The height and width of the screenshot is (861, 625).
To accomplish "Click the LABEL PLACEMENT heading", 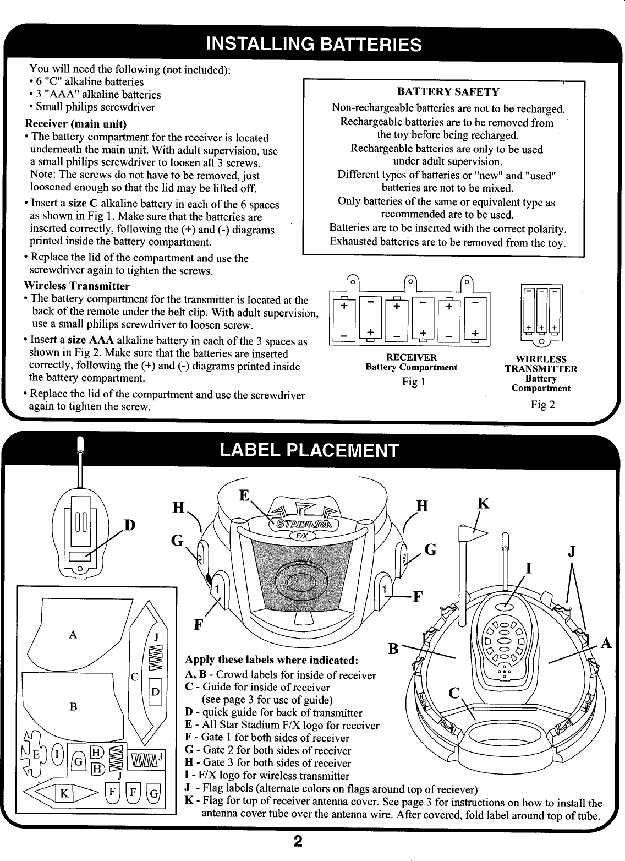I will (308, 450).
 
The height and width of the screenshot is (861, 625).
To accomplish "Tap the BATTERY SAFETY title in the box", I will (448, 91).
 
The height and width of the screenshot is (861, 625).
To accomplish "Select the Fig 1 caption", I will (410, 382).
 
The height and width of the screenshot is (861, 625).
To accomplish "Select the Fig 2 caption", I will (542, 405).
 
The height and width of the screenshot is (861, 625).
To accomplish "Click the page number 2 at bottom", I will (297, 842).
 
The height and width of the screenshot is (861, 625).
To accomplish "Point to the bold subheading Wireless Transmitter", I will (77, 286).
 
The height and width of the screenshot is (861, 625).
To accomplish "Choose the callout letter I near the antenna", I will (528, 568).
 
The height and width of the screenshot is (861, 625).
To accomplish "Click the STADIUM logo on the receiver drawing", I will (303, 521).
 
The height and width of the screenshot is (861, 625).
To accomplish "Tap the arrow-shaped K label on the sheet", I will (64, 793).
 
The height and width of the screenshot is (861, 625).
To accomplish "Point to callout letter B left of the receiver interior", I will (393, 649).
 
